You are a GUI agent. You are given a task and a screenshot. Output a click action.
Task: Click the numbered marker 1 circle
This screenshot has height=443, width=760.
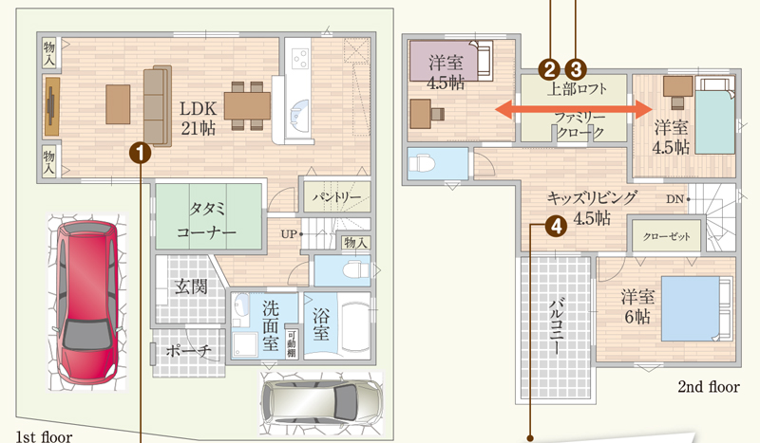pos(140,154)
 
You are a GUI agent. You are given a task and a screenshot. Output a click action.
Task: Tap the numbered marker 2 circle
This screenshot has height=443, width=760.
pos(550,69)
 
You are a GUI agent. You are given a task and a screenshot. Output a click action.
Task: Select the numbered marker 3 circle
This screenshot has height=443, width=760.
pos(576,69)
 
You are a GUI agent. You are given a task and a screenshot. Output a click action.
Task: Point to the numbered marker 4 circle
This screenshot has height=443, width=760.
pos(556,226)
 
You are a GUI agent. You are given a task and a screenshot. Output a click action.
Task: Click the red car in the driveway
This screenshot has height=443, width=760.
pos(87,302)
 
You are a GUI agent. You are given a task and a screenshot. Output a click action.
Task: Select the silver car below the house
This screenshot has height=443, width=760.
pos(321,401)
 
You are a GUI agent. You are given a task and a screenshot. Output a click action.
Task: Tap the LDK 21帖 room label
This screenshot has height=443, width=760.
pos(199,119)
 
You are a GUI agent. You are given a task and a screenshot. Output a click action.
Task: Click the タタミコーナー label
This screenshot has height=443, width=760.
pos(207,220)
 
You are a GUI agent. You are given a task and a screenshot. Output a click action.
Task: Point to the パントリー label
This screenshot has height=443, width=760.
pos(336,197)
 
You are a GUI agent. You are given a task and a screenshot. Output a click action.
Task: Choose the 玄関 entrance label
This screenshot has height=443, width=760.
pos(191,286)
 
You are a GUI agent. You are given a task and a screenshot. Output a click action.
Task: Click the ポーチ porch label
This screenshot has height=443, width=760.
pos(188,349)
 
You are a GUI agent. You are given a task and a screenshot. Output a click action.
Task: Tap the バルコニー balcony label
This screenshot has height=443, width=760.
pos(556,326)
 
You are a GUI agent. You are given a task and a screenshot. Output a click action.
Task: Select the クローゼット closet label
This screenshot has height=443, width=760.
pos(667,237)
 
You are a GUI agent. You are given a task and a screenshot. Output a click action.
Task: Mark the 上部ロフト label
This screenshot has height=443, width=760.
pos(577,89)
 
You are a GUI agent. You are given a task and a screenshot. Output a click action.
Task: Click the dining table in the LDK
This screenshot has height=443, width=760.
pos(247,105)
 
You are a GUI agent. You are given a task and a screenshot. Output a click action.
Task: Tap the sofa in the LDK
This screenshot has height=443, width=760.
pos(158,105)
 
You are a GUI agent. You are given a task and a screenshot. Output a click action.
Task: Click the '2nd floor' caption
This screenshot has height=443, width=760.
pos(709,386)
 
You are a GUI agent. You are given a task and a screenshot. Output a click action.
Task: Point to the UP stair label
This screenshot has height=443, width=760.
pos(289,234)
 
